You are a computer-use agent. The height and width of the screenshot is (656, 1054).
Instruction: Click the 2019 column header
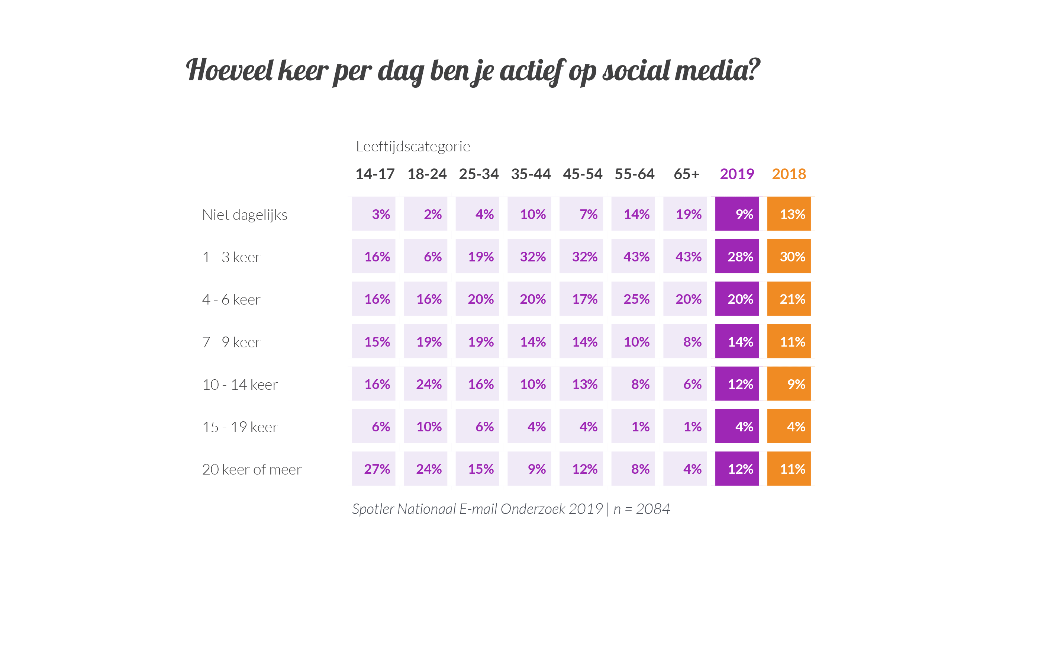click(x=736, y=174)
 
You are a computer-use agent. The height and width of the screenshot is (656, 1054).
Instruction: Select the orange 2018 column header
click(x=789, y=174)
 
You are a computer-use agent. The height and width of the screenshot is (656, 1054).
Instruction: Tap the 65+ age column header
click(x=686, y=174)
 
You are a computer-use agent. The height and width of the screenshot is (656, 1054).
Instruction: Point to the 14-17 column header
click(x=375, y=174)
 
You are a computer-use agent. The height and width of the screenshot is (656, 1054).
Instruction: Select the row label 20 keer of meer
click(x=252, y=469)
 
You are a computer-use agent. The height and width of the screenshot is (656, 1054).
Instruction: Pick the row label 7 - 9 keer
click(x=231, y=342)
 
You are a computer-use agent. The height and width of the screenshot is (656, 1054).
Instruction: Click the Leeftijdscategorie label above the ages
click(x=413, y=147)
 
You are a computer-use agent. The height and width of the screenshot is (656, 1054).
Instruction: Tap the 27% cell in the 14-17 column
click(x=373, y=469)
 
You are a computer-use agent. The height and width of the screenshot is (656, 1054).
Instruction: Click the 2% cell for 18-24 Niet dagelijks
click(x=425, y=214)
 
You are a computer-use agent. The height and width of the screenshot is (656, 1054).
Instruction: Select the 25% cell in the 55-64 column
click(x=633, y=299)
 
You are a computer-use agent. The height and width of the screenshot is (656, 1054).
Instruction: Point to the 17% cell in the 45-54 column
click(x=581, y=299)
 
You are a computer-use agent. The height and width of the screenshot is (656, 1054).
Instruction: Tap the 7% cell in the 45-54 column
click(x=581, y=214)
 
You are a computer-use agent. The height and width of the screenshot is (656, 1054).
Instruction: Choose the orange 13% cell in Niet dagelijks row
click(x=789, y=214)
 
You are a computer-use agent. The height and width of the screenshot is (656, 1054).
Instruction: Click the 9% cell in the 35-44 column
click(x=529, y=469)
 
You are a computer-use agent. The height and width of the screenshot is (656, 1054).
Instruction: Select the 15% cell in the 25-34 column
click(x=477, y=469)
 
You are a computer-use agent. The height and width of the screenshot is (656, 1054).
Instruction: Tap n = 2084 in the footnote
click(x=642, y=509)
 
